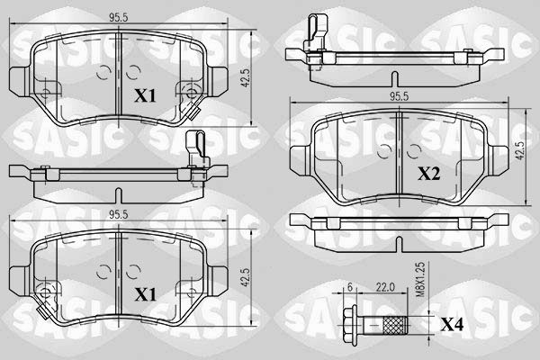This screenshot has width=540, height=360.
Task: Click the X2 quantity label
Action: click(428, 174)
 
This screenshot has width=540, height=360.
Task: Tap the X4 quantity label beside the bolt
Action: click(452, 324)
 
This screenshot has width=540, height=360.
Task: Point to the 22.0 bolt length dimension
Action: click(385, 287)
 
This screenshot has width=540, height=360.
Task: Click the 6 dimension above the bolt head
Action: click(350, 287)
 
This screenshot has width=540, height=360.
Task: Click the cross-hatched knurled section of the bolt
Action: click(395, 325)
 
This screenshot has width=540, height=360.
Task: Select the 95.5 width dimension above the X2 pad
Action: click(399, 97)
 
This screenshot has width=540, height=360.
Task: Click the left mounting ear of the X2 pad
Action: click(301, 158)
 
